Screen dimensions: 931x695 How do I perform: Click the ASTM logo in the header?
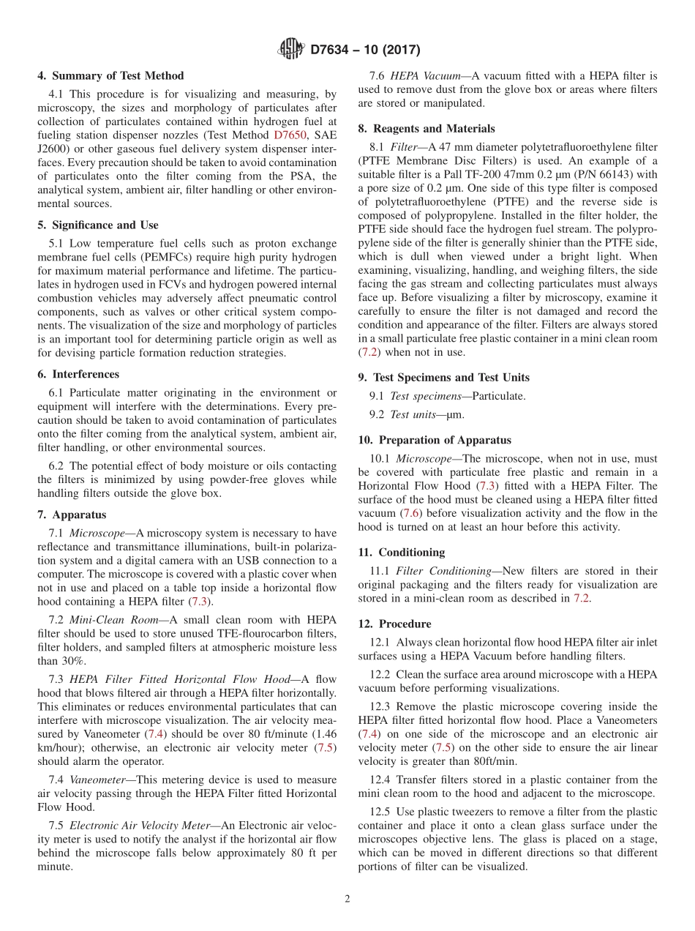pyautogui.click(x=292, y=50)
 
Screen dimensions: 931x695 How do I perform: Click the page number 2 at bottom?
pyautogui.click(x=347, y=899)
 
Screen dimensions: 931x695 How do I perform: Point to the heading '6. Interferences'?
pyautogui.click(x=78, y=374)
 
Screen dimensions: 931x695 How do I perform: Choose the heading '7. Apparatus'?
pyautogui.click(x=72, y=515)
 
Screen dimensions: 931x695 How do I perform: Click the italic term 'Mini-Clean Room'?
pyautogui.click(x=114, y=619)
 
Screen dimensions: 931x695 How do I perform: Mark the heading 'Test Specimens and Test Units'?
pyautogui.click(x=451, y=378)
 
